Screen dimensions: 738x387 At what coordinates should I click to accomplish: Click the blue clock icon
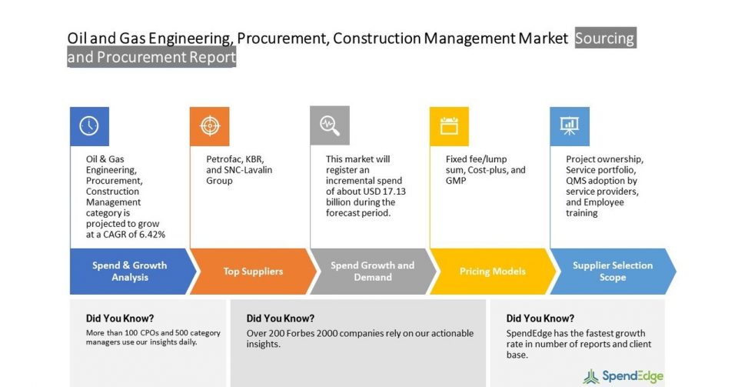pos(89,126)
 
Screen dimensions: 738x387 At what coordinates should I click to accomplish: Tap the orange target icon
pos(209,126)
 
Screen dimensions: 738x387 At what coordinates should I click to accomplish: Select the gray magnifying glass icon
pos(330,125)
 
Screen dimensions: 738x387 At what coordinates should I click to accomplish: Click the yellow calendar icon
pos(449,126)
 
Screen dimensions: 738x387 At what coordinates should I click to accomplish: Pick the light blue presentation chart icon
pos(570,126)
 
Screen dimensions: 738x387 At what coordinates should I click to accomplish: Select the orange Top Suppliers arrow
pos(253,271)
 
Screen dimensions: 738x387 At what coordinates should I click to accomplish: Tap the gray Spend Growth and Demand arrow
pos(374,271)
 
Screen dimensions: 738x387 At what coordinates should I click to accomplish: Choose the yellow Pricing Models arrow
pos(493,271)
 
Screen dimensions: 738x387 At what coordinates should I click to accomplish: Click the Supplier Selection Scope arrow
pos(613,271)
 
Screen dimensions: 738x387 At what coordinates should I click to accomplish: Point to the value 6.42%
pos(151,235)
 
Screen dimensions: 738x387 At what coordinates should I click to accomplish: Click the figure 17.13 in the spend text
pos(393,192)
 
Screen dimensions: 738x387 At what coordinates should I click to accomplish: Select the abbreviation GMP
pos(456,181)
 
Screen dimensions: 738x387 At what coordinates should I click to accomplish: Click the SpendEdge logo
pos(623,376)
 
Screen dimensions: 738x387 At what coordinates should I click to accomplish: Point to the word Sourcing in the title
pos(605,38)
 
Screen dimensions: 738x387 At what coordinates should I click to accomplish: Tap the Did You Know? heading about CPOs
pos(120,319)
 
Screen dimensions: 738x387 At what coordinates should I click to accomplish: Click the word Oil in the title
pos(77,38)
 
